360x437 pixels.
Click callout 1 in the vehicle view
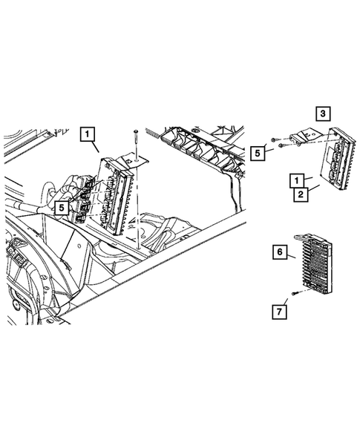tap(88, 135)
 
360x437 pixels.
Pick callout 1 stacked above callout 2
tap(295, 180)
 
